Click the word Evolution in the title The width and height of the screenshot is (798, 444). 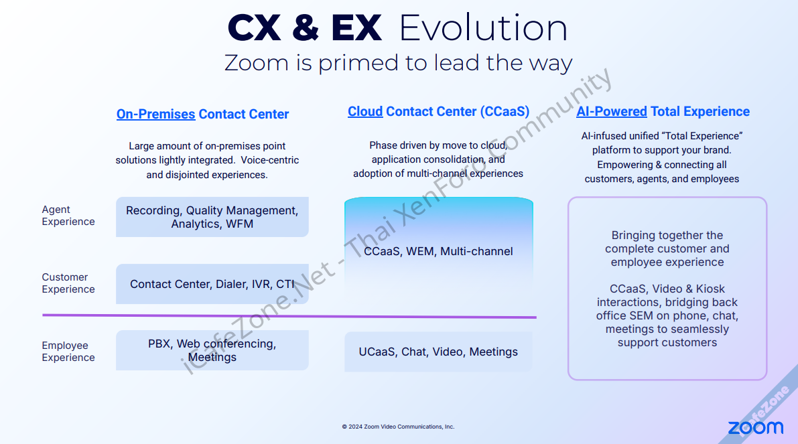[483, 28]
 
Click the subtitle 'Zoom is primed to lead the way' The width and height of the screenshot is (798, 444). [399, 63]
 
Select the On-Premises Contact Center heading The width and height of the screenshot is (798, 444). [202, 114]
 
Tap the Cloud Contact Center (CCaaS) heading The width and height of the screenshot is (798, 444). [439, 111]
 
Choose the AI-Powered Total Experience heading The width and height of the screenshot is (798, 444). [663, 111]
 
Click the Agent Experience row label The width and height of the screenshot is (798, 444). [68, 216]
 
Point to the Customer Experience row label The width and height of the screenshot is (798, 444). [68, 283]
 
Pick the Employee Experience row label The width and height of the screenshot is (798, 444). [68, 352]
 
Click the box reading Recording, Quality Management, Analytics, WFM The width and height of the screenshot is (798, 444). [212, 217]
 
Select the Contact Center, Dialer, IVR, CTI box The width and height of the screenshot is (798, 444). [212, 284]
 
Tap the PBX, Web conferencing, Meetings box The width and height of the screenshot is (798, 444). [212, 350]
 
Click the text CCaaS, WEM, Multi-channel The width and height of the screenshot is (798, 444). [438, 251]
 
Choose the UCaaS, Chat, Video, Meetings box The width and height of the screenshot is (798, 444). [438, 352]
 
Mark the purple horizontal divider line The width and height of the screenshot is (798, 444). [289, 316]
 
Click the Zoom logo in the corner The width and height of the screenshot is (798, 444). [756, 428]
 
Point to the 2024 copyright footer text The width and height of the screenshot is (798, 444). [398, 427]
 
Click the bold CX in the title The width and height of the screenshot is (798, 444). [254, 28]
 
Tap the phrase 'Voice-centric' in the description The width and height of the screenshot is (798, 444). [270, 160]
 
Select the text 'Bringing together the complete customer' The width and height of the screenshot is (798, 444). [667, 242]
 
